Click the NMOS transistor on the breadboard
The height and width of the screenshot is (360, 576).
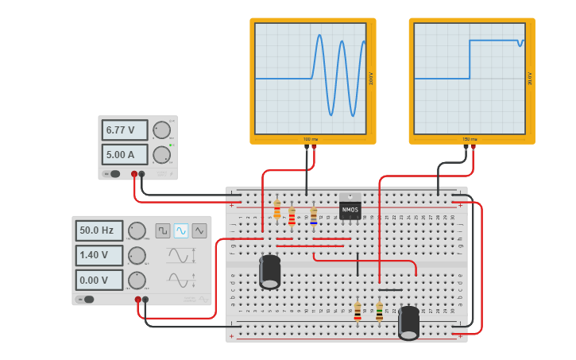point(350,207)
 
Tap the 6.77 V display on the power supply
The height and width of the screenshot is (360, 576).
point(124,130)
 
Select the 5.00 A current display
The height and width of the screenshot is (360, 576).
point(124,153)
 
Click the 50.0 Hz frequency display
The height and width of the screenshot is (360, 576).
point(99,230)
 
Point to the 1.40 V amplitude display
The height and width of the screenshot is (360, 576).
point(99,255)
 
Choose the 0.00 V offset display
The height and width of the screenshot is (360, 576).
point(99,280)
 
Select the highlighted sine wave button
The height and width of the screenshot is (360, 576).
point(181,230)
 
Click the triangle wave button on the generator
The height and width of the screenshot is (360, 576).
point(199,230)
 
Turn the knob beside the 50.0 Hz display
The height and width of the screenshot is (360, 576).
point(137,230)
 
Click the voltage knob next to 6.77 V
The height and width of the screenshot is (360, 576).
point(161,130)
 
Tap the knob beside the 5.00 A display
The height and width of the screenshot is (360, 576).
point(161,153)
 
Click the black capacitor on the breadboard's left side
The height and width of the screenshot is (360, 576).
point(270,272)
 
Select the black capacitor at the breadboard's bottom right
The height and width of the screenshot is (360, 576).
point(408,323)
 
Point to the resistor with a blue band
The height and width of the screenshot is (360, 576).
point(313,216)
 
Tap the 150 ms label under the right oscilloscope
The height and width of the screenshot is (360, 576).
point(470,139)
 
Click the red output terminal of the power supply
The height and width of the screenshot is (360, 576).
point(134,173)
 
